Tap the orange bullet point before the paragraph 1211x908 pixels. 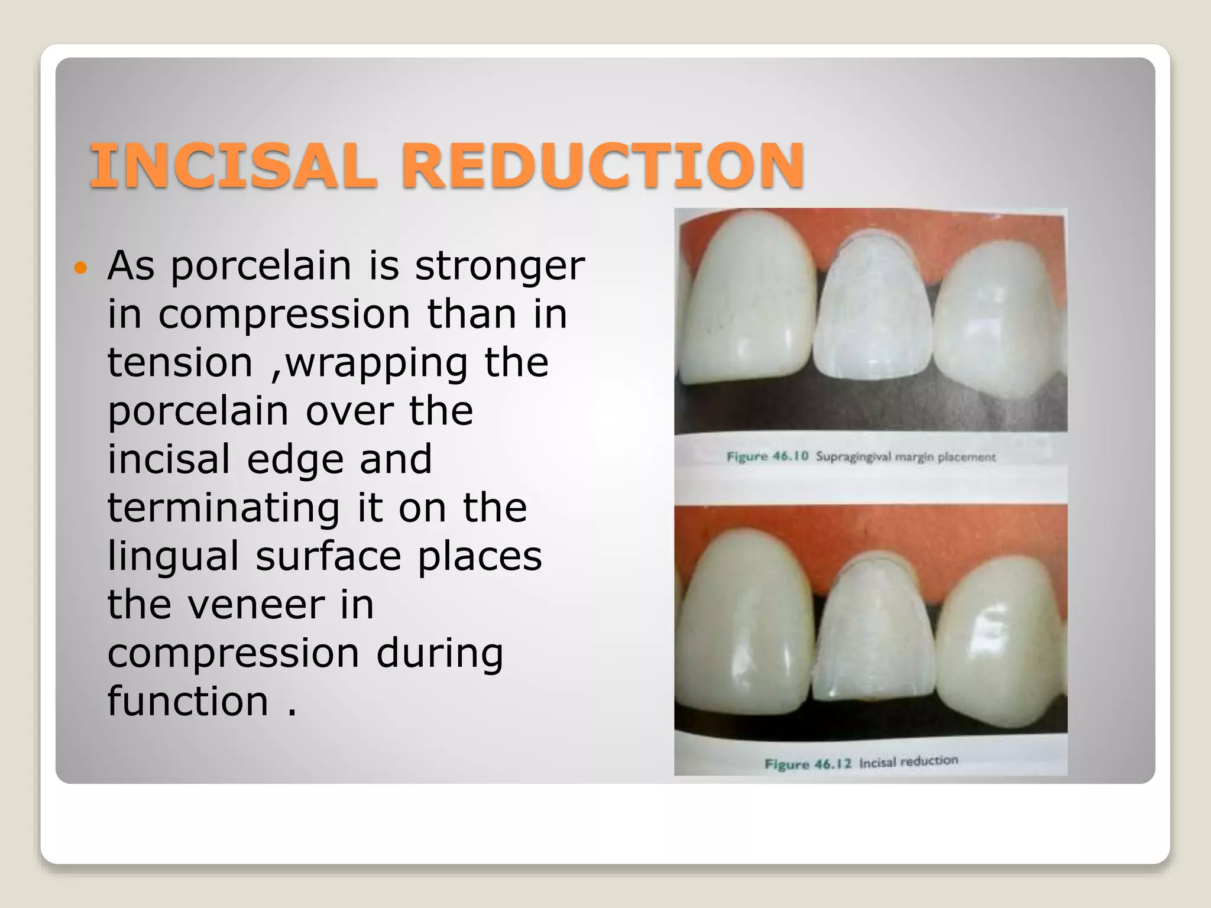(80, 268)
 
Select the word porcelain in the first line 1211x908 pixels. (261, 267)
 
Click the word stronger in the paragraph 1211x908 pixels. (500, 267)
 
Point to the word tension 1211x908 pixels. (180, 362)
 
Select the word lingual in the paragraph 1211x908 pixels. (173, 557)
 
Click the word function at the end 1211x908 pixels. (188, 702)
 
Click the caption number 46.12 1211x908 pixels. (833, 763)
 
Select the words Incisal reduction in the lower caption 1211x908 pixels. (908, 761)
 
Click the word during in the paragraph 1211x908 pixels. (440, 653)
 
